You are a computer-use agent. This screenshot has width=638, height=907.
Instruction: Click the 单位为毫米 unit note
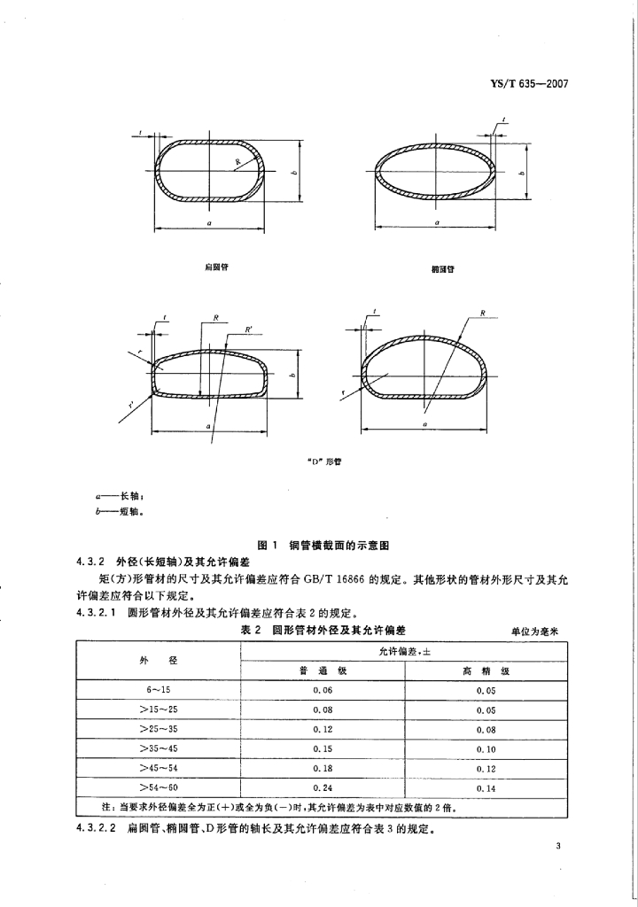[x=538, y=630]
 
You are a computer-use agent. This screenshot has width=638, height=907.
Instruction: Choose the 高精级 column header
[x=486, y=671]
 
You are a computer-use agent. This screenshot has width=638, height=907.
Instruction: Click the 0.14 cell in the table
[x=486, y=787]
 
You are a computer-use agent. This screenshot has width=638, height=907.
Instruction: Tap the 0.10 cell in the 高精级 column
[x=486, y=749]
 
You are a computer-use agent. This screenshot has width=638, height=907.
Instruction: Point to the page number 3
[x=559, y=848]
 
